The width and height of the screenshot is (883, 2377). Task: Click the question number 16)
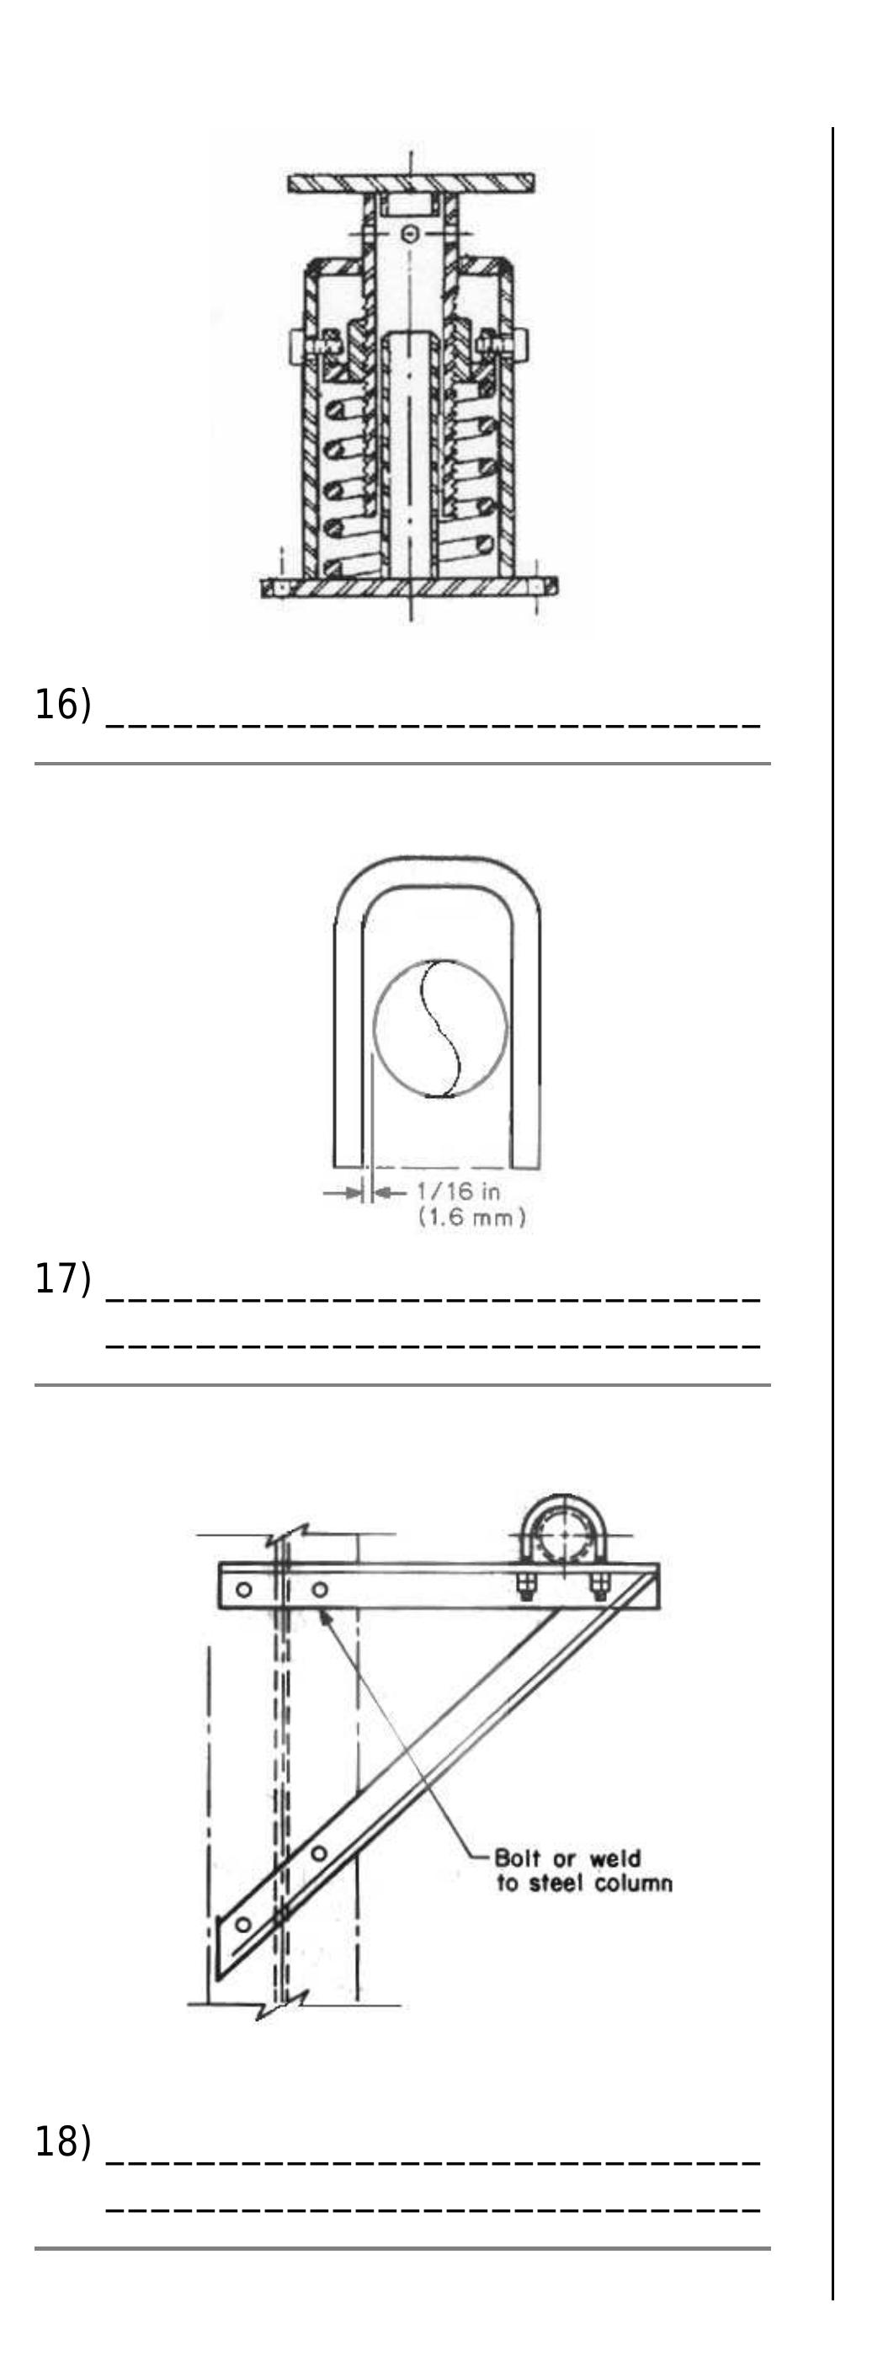[63, 705]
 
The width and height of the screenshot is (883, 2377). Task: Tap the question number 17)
[63, 1279]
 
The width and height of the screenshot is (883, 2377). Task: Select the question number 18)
[63, 2140]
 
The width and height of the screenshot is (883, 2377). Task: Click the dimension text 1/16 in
[459, 1191]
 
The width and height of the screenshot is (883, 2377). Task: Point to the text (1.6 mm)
[471, 1217]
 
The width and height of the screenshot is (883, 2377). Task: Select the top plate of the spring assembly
[411, 183]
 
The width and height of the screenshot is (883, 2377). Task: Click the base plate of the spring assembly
[409, 587]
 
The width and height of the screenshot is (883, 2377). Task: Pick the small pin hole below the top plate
[412, 234]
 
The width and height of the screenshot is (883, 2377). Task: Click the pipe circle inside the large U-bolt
[440, 1028]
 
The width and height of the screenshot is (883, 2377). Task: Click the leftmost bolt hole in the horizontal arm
[243, 1589]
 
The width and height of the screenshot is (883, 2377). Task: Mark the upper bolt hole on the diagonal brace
[318, 1853]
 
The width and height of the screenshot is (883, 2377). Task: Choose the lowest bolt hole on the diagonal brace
[242, 1925]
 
